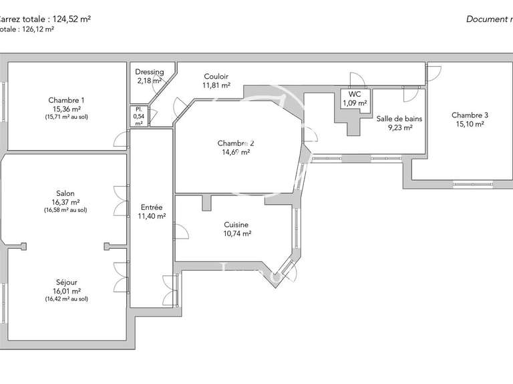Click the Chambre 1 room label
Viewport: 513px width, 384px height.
[66, 99]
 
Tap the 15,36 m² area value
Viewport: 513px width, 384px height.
[66, 108]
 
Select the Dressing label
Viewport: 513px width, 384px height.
[149, 72]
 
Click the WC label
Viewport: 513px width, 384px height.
[354, 94]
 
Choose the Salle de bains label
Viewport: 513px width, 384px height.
[399, 119]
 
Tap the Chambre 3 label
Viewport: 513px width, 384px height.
[470, 115]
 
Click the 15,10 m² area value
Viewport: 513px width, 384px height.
[470, 123]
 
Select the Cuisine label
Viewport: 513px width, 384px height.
[237, 225]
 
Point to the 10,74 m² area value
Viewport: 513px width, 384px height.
[237, 234]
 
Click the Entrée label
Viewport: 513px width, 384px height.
[152, 207]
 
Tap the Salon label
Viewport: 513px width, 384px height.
[66, 193]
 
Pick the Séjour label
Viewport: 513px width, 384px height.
[66, 282]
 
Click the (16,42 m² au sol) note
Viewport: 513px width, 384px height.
[66, 299]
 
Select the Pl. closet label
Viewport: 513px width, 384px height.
[138, 109]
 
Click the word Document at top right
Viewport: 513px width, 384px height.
[486, 19]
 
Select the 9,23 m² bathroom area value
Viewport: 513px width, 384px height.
[399, 127]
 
